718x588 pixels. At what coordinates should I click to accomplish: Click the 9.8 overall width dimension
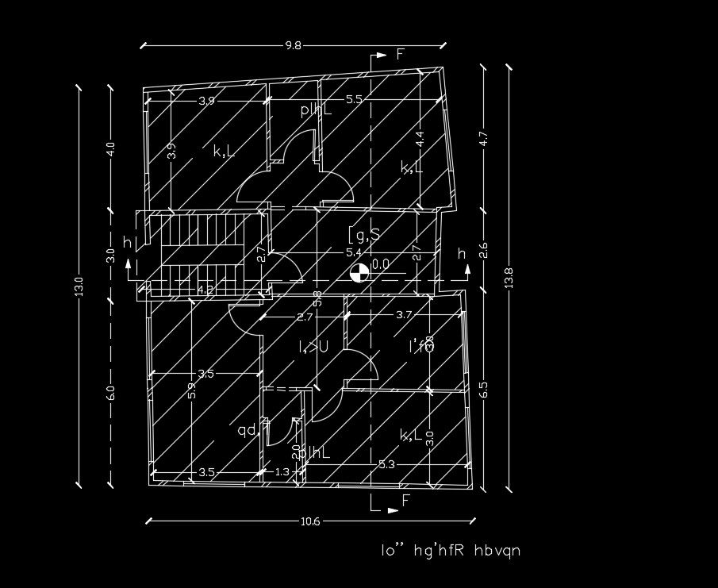click(294, 46)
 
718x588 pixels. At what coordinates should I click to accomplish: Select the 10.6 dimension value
click(311, 521)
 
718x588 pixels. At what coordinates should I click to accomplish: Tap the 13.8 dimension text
click(509, 277)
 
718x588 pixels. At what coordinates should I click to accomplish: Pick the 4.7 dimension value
click(484, 138)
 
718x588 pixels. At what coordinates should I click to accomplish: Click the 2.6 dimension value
click(484, 251)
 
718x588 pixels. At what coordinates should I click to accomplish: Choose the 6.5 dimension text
click(484, 390)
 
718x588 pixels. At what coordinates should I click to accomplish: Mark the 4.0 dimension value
click(111, 149)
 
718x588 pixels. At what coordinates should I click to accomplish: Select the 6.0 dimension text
click(111, 393)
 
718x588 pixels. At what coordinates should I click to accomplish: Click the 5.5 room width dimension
click(354, 100)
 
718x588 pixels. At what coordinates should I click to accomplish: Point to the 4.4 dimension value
click(420, 136)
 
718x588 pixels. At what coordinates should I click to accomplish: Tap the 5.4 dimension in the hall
click(353, 253)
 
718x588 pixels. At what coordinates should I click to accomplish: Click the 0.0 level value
click(381, 264)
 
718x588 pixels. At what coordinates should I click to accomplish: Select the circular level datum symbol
click(359, 273)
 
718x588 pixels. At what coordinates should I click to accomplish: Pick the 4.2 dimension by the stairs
click(205, 290)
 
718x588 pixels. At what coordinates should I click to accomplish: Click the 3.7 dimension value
click(404, 315)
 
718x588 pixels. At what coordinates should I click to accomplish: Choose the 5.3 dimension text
click(387, 464)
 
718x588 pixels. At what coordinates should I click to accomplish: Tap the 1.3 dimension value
click(282, 472)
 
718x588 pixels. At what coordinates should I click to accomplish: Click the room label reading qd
click(247, 430)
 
